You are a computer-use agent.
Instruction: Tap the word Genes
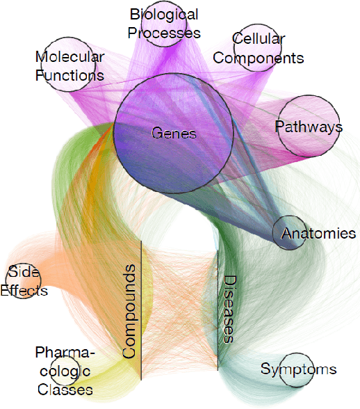tap(174, 134)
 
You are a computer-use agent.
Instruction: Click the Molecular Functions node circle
tap(69, 65)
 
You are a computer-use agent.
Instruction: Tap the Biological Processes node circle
tap(165, 24)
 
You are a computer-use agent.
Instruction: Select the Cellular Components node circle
tap(258, 48)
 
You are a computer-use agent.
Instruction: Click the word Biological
tap(165, 15)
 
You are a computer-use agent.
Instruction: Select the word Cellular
tap(258, 38)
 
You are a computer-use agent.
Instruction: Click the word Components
tap(259, 58)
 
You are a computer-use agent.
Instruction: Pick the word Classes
tap(65, 390)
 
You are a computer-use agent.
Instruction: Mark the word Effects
tap(24, 290)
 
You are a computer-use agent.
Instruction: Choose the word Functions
tap(69, 75)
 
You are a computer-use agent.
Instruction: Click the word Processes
tap(165, 33)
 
